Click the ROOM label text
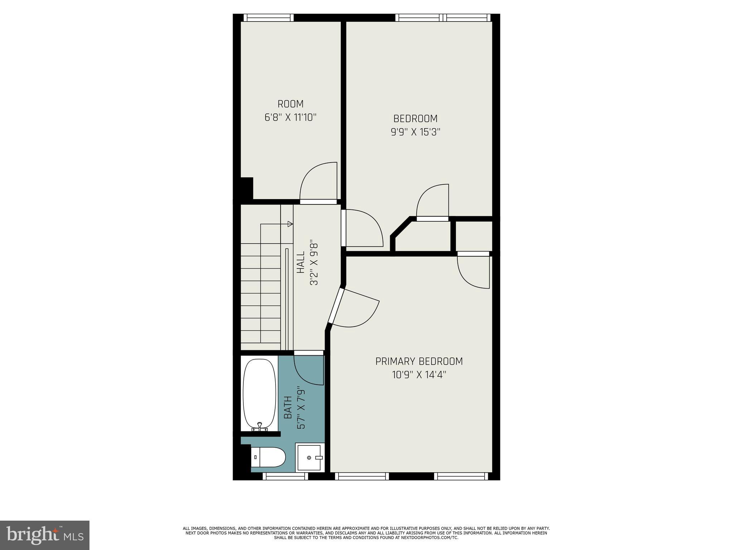pos(290,104)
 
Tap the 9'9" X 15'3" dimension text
pos(415,132)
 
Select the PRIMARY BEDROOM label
pos(419,361)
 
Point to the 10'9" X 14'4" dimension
pos(419,375)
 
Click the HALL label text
pos(301,262)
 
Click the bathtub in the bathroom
pos(259,394)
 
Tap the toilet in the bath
pos(268,457)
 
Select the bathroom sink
pos(310,457)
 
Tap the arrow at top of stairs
pos(290,224)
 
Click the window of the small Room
pos(268,18)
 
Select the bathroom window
pos(285,476)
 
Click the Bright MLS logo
pos(45,535)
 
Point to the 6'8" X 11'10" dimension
pos(290,117)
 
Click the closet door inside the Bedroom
pos(432,202)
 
